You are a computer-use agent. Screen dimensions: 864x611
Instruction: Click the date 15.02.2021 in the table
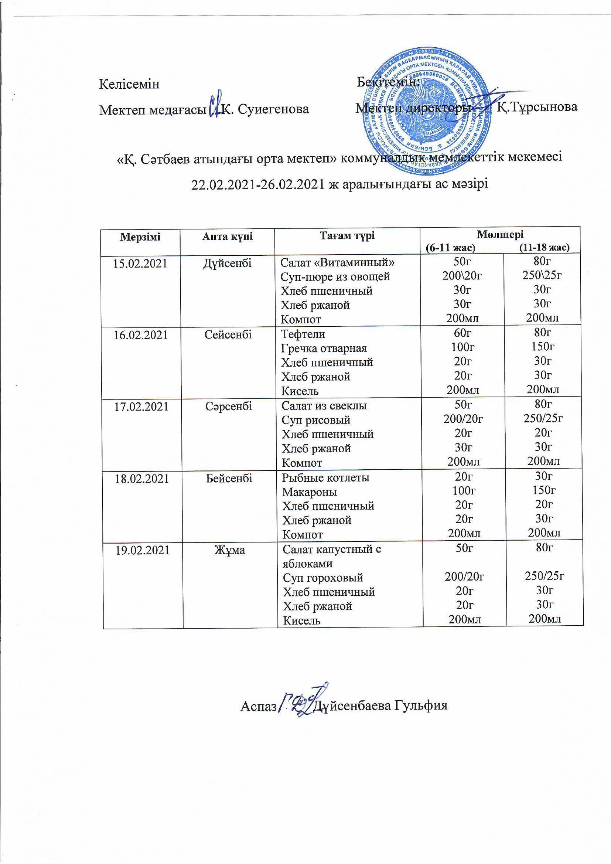(x=140, y=263)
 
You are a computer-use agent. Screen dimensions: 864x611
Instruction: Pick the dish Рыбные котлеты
(x=326, y=477)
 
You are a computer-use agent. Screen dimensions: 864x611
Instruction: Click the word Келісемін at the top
(x=129, y=84)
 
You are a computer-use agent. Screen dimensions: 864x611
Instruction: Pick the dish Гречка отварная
(x=324, y=348)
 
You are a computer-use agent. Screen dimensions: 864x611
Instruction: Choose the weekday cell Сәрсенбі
(x=229, y=407)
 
